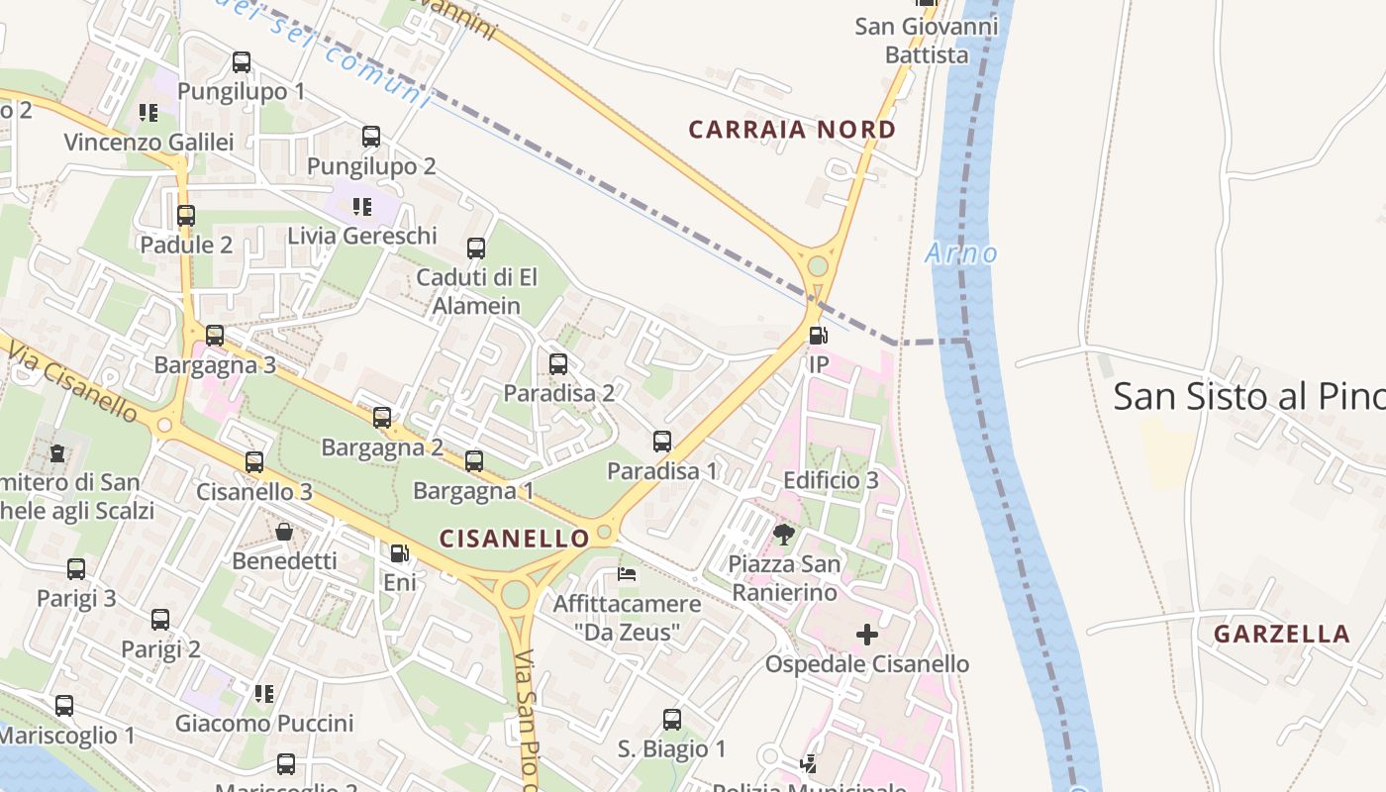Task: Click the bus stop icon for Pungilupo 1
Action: pyautogui.click(x=242, y=62)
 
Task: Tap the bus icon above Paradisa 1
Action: pyautogui.click(x=662, y=441)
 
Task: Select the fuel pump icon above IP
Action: pyautogui.click(x=818, y=336)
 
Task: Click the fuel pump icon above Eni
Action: pyautogui.click(x=399, y=553)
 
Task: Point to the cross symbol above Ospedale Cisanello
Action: pyautogui.click(x=867, y=634)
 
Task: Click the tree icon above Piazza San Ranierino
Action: pyautogui.click(x=784, y=535)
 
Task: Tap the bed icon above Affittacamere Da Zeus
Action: pyautogui.click(x=627, y=573)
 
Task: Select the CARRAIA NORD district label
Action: pyautogui.click(x=792, y=130)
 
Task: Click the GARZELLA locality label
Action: pyautogui.click(x=1281, y=634)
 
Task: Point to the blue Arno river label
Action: pyautogui.click(x=961, y=253)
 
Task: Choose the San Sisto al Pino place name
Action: pyautogui.click(x=1247, y=396)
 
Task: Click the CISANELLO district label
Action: pyautogui.click(x=515, y=539)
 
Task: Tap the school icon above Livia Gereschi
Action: pyautogui.click(x=362, y=206)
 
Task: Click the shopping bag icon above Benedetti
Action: pyautogui.click(x=284, y=532)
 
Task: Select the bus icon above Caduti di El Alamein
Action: pyautogui.click(x=476, y=247)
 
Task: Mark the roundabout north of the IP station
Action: pyautogui.click(x=818, y=265)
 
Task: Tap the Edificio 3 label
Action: pyautogui.click(x=831, y=480)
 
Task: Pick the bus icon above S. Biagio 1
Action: pyautogui.click(x=672, y=719)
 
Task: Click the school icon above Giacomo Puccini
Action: pyautogui.click(x=263, y=693)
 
